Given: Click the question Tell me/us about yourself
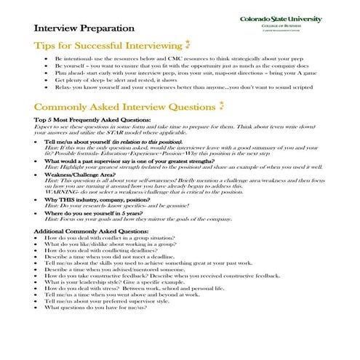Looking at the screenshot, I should tap(109, 142).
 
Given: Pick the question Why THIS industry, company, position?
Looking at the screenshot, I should tap(111, 199).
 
